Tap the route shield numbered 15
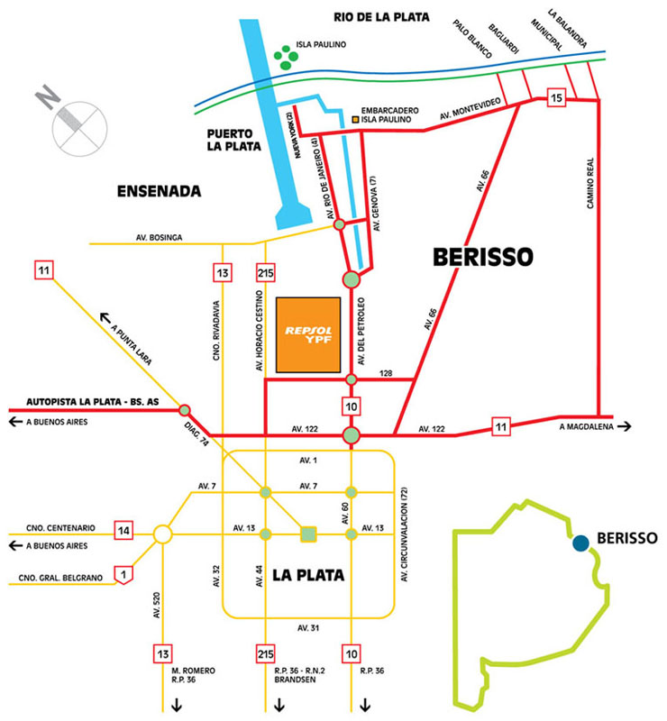click(x=556, y=96)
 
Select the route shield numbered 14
click(x=124, y=531)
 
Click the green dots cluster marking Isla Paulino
click(x=288, y=59)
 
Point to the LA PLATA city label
click(x=307, y=573)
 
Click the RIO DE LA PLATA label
click(x=382, y=17)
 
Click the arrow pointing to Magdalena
click(x=626, y=427)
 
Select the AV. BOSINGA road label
click(x=160, y=237)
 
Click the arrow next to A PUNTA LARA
click(x=106, y=317)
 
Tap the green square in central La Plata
click(x=308, y=534)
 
